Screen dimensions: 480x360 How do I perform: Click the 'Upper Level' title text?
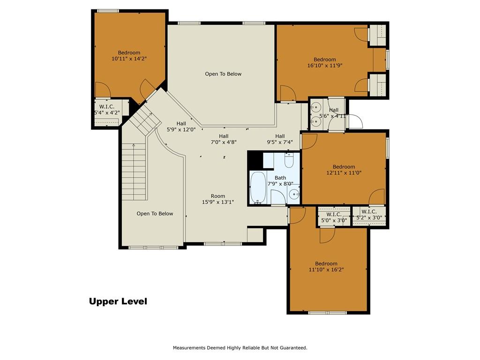pos(118,301)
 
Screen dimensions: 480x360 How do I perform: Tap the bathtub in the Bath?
pos(258,187)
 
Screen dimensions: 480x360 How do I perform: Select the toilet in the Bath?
pos(289,160)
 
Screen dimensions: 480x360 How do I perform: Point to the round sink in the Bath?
pos(294,194)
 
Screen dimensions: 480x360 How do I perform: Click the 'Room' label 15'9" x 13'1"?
pos(218,199)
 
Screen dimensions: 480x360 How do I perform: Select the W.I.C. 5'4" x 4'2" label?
pos(107,110)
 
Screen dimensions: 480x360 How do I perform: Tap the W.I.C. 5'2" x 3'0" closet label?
pos(369,215)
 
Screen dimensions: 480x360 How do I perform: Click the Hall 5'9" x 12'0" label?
pos(181,127)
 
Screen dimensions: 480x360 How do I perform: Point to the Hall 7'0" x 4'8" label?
pos(224,139)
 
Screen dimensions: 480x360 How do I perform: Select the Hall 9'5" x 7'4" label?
pos(280,139)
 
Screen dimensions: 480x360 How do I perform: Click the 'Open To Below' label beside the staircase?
pos(155,214)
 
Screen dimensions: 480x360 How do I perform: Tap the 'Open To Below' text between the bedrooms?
pos(223,74)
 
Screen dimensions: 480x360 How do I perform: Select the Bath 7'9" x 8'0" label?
pos(280,181)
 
